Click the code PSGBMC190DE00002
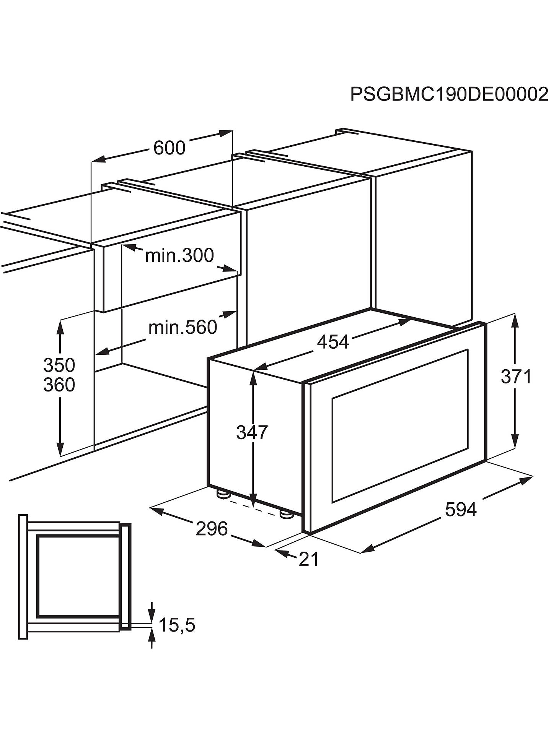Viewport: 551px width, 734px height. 449,94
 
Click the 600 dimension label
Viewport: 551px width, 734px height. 169,148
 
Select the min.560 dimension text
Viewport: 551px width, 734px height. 183,328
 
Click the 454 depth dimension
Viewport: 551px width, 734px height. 333,342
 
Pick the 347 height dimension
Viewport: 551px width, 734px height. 252,432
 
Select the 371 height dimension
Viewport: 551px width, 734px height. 516,377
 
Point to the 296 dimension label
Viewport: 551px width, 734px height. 212,529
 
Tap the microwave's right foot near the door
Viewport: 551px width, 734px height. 286,515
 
